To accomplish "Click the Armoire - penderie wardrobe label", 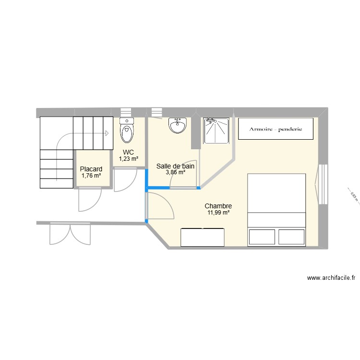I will [276, 129].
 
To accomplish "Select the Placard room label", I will [91, 169].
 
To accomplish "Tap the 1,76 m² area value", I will [91, 176].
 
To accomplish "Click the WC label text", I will [128, 152].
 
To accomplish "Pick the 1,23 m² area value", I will [129, 159].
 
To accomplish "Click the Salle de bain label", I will [176, 166].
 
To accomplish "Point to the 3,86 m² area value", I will [176, 173].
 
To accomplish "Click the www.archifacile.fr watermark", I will [331, 277].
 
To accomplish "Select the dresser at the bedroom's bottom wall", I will [202, 237].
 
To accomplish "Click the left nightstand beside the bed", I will [262, 237].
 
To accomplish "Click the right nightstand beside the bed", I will [291, 237].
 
